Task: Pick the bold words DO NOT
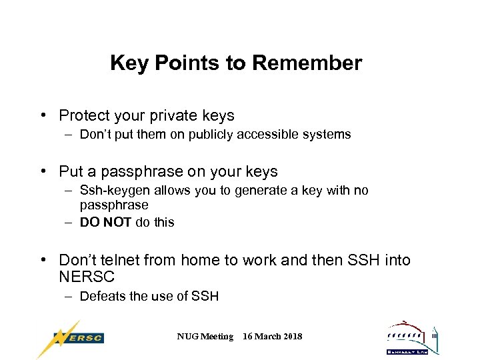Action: (105, 223)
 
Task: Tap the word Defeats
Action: (102, 296)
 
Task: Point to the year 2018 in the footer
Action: (291, 337)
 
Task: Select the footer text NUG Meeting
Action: (205, 337)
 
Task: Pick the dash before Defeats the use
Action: (69, 296)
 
